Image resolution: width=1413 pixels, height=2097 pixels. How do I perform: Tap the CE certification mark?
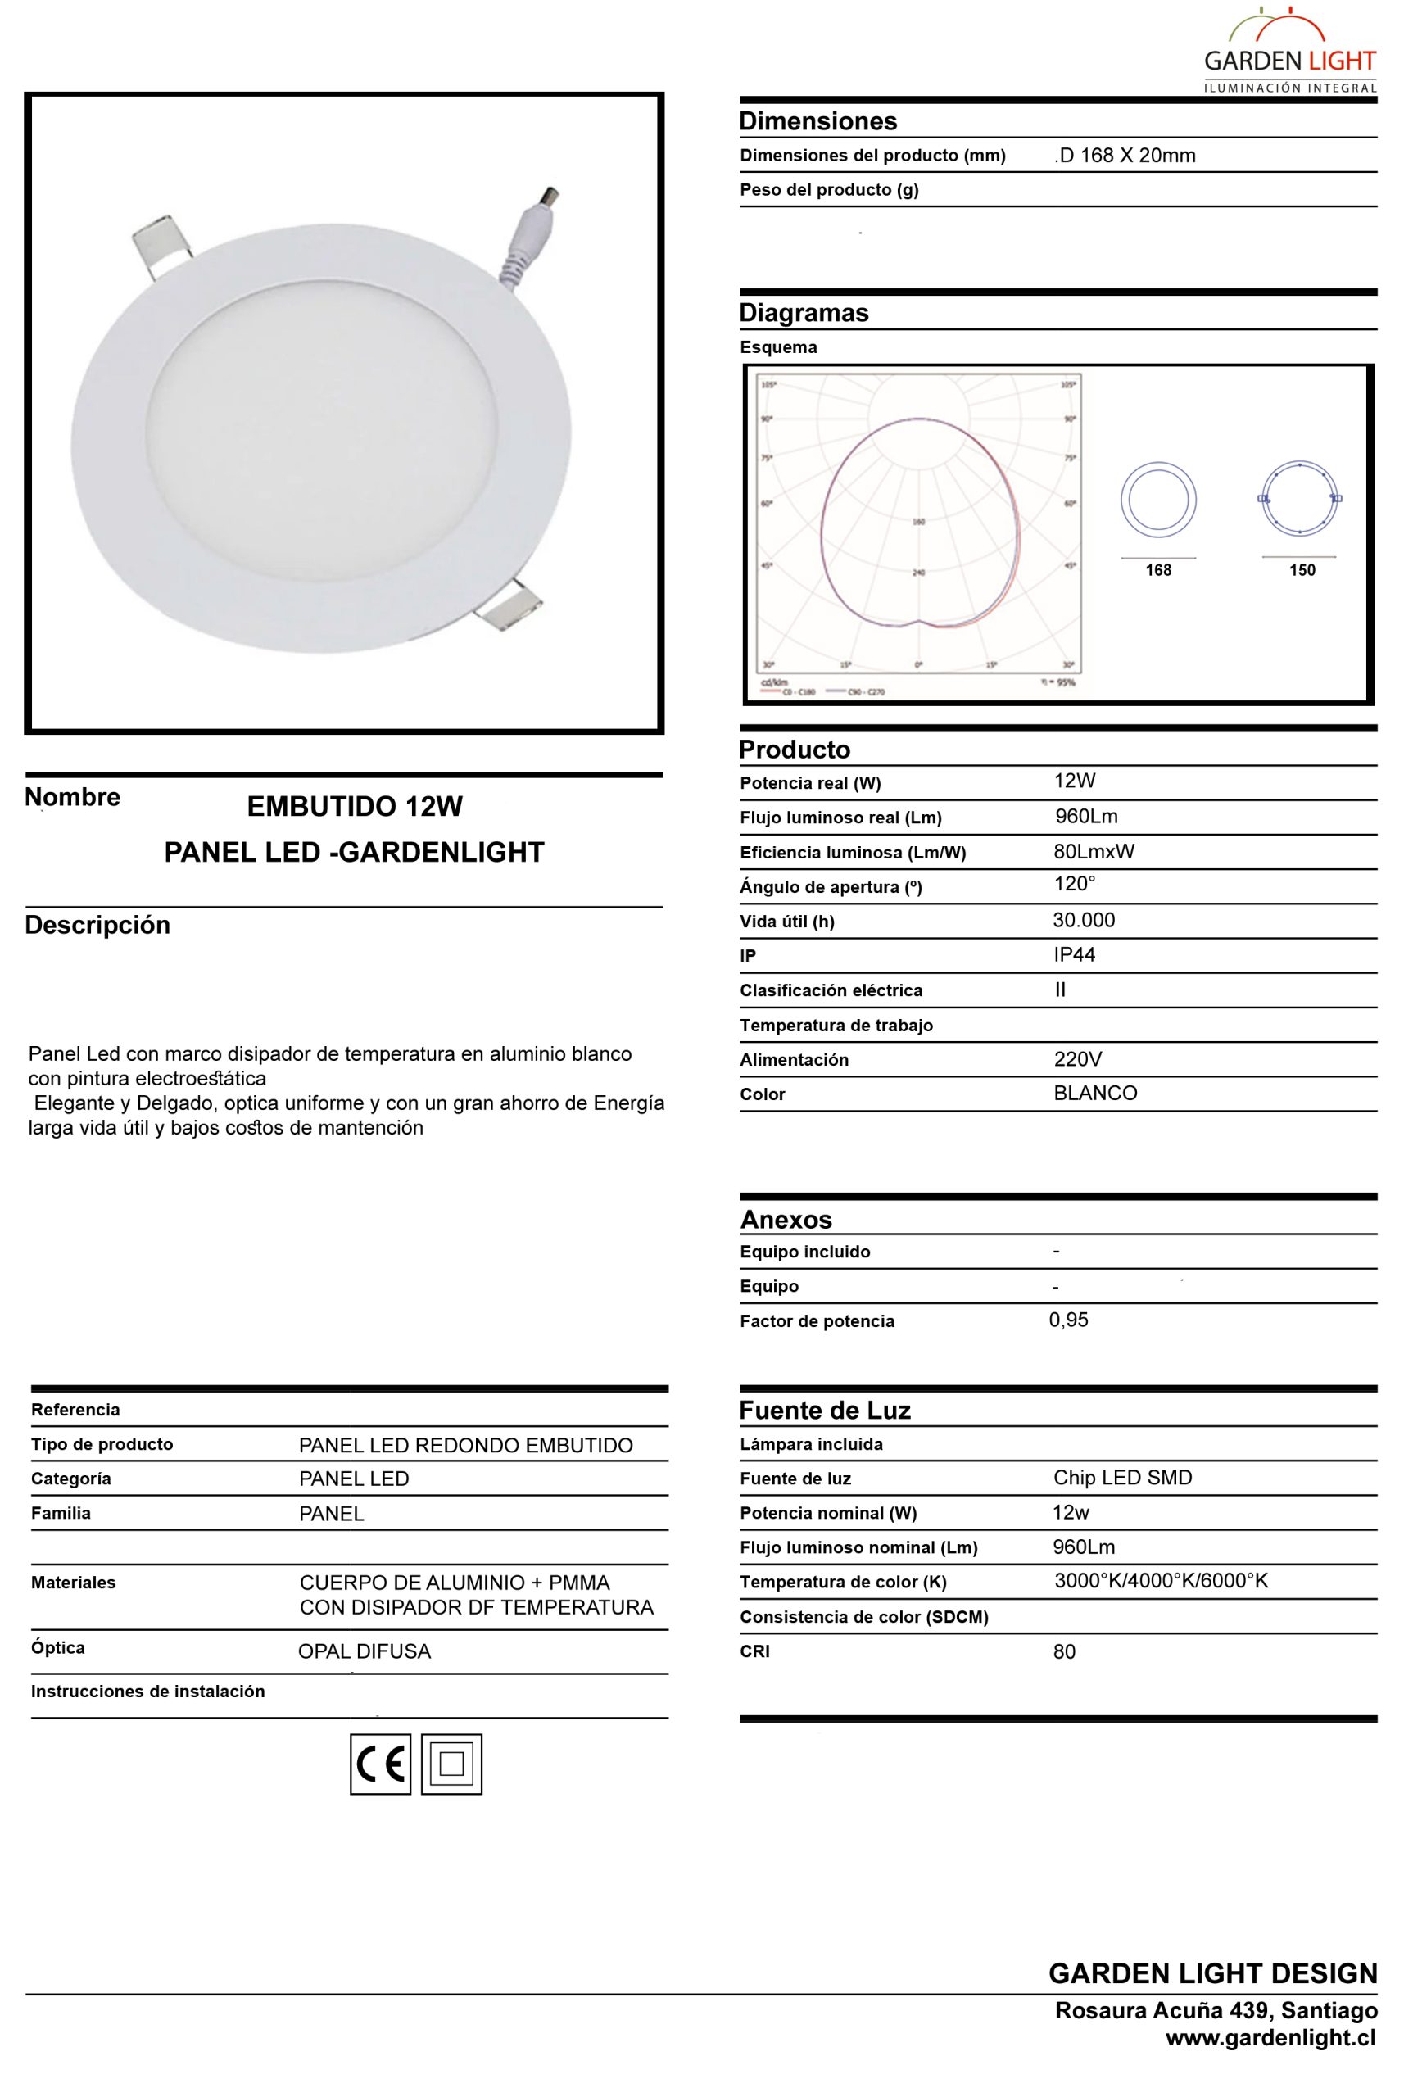point(380,1764)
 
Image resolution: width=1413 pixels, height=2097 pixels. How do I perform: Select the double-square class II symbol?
point(451,1764)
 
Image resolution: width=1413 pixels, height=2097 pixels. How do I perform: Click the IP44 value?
point(1074,954)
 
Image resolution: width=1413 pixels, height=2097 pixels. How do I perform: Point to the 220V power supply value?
point(1078,1059)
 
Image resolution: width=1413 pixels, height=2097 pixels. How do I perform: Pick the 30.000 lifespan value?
point(1083,920)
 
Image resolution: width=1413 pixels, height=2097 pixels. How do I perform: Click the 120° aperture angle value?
point(1074,884)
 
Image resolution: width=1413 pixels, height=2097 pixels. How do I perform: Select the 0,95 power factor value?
point(1069,1320)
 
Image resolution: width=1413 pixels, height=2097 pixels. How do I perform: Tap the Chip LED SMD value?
point(1122,1478)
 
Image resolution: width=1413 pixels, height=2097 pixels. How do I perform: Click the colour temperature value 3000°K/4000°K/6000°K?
point(1161,1581)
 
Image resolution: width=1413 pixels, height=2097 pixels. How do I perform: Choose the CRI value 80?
point(1064,1652)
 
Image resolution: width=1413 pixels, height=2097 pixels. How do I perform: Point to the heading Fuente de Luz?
point(825,1411)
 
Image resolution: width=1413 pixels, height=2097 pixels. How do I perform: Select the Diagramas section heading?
point(804,313)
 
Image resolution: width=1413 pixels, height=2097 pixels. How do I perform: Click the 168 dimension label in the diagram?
point(1158,569)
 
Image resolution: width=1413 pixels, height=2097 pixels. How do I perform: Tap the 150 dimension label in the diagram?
point(1302,569)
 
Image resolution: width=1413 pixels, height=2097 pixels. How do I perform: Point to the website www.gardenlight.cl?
point(1270,2037)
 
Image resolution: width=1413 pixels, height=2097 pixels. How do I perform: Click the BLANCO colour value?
point(1095,1093)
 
